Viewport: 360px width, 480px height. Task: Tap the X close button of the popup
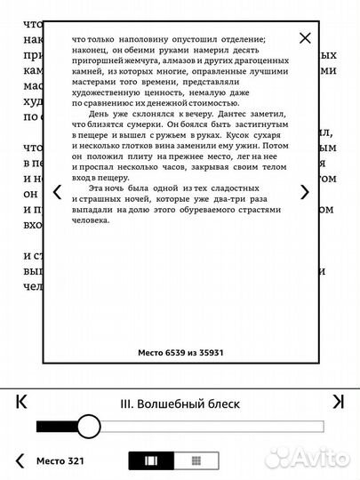click(305, 38)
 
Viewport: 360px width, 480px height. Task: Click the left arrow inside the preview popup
click(58, 192)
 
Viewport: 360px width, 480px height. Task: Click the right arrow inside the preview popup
click(305, 192)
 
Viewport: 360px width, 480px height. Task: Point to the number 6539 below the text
click(174, 352)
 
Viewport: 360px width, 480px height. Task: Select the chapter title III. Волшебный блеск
click(180, 404)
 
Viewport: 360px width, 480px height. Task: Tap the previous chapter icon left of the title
click(22, 402)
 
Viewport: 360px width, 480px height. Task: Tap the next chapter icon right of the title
click(338, 402)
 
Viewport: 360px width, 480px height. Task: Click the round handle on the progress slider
click(89, 426)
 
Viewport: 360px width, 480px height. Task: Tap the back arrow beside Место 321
click(20, 460)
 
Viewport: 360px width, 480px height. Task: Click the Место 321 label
click(60, 461)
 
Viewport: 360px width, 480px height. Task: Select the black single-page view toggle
click(149, 461)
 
